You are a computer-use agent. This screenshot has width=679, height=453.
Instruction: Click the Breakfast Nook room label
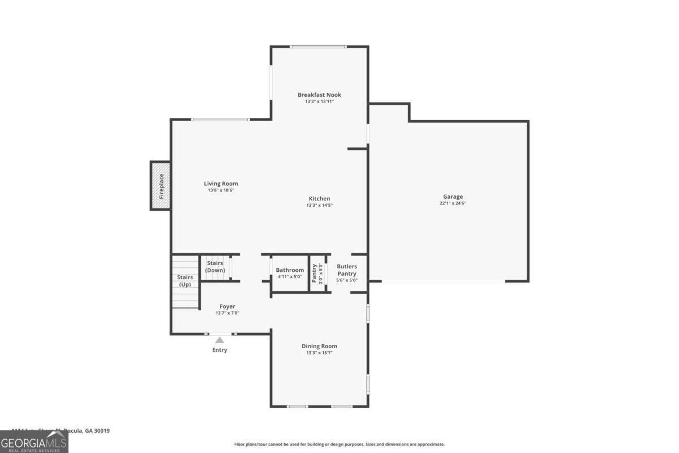point(319,95)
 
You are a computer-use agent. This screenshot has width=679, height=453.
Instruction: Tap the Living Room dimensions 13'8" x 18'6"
point(221,191)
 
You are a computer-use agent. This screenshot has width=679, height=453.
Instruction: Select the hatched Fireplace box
point(161,186)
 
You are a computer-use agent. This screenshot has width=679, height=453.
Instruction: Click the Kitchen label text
point(319,199)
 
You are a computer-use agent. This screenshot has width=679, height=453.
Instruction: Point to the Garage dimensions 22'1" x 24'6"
point(453,204)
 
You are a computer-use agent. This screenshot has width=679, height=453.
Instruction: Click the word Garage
point(453,196)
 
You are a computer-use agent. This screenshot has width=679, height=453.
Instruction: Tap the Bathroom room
point(290,273)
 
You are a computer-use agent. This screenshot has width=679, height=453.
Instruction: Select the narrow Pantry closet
point(317,273)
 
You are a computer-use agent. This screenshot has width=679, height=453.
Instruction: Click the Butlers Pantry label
point(347,270)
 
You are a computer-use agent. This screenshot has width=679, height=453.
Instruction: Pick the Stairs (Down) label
point(215,267)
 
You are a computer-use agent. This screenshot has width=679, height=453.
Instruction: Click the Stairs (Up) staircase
point(185,281)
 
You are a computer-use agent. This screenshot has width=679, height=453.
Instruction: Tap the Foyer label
point(227,306)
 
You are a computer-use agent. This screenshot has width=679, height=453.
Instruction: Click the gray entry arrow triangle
point(220,340)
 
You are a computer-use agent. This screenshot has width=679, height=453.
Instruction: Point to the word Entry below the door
point(220,350)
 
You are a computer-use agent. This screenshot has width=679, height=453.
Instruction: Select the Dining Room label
point(319,346)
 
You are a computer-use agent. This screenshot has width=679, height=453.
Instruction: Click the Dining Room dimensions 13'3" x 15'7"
point(319,353)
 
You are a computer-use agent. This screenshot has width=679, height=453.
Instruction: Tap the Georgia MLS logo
point(34,442)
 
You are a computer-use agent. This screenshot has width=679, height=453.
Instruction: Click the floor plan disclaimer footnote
point(339,445)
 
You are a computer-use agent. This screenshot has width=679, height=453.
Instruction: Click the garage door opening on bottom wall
point(443,281)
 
